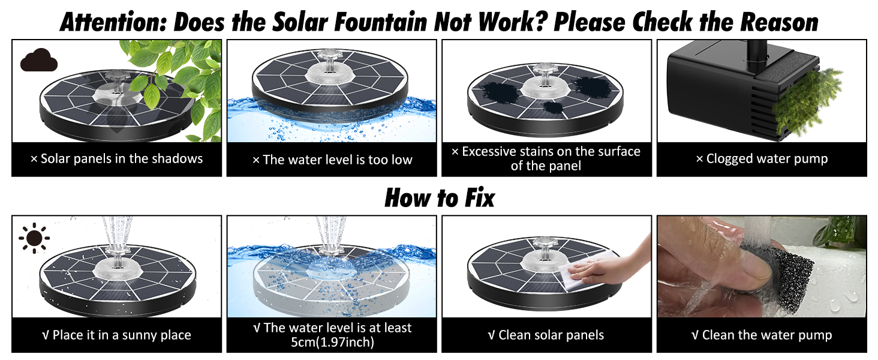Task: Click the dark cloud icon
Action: click(39, 60)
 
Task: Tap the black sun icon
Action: click(34, 238)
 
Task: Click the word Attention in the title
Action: click(114, 22)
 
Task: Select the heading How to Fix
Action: click(440, 197)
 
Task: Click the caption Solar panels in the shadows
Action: click(116, 159)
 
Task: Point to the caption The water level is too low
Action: click(332, 160)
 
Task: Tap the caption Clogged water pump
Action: click(762, 159)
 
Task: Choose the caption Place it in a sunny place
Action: click(116, 335)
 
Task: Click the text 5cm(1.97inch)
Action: click(332, 343)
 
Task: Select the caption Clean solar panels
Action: click(546, 335)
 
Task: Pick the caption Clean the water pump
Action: click(762, 335)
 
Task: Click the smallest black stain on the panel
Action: click(553, 107)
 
